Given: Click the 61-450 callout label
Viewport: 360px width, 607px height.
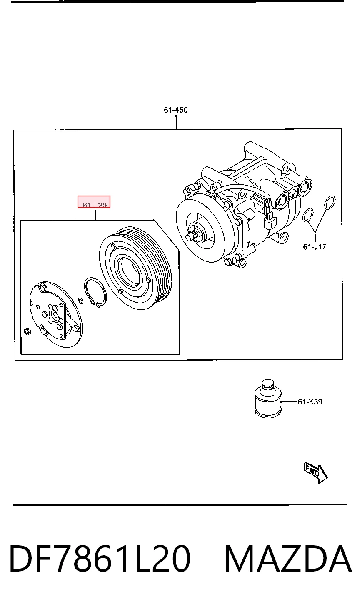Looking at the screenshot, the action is [x=175, y=110].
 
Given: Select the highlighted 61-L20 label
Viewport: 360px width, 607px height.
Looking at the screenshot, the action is [x=94, y=202].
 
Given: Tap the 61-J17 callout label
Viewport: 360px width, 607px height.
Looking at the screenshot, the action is [x=315, y=247].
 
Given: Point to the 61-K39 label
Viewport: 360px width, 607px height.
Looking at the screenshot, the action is [x=310, y=401].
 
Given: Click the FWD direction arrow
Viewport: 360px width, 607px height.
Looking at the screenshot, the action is [x=316, y=473].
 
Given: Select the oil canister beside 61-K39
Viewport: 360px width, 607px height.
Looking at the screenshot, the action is [x=268, y=399].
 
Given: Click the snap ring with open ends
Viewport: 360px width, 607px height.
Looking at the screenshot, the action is [x=95, y=293].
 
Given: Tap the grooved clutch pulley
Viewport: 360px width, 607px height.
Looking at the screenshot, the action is [x=135, y=268].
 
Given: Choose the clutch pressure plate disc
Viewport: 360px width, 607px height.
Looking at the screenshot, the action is [x=55, y=314].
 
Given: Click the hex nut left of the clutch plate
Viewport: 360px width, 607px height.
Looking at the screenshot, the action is [x=27, y=331].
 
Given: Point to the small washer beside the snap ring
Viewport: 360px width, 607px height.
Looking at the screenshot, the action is [x=80, y=301].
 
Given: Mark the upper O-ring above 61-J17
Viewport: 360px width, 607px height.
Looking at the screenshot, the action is [x=330, y=203].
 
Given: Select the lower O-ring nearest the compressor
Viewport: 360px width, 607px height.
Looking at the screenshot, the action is [x=308, y=215].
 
